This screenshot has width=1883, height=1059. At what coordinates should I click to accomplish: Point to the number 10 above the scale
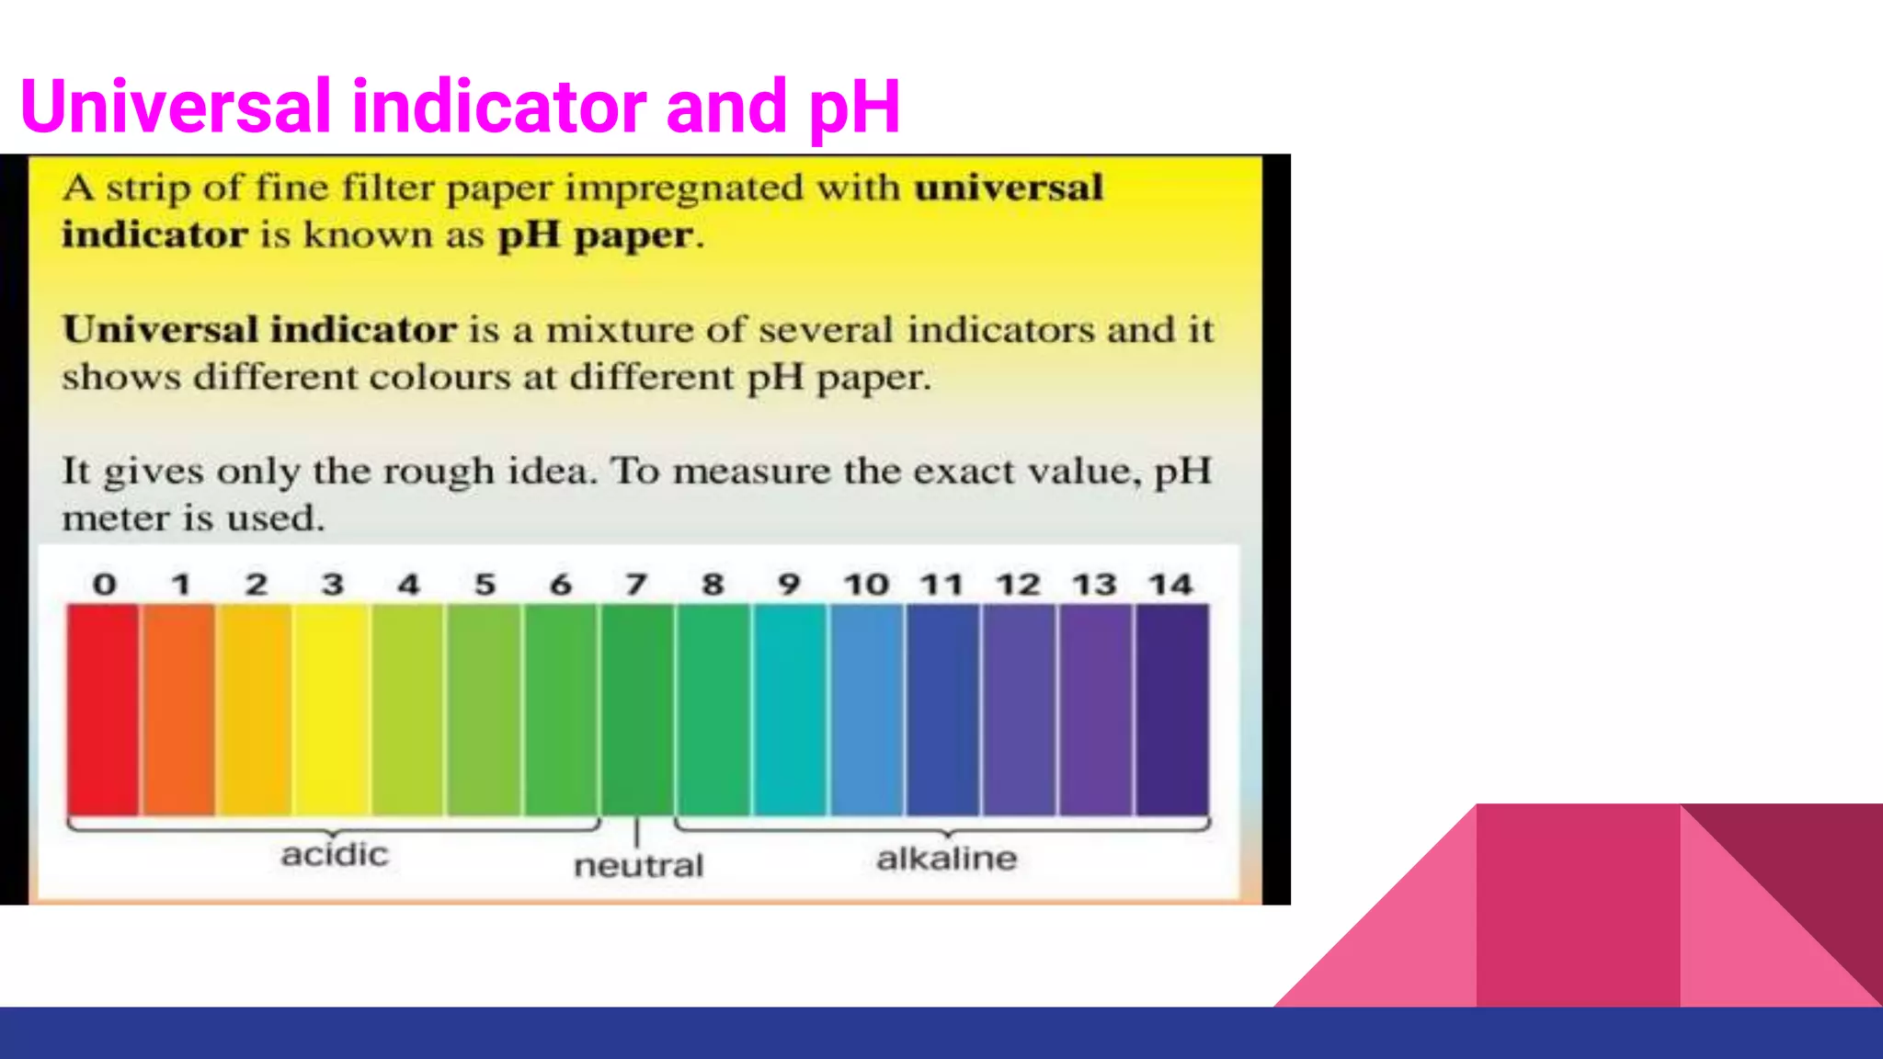tap(866, 585)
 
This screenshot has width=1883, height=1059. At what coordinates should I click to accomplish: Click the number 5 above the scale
tap(485, 585)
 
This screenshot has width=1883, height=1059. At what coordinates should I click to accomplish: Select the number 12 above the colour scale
tap(1018, 585)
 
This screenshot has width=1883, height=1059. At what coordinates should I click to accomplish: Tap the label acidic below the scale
tap(335, 855)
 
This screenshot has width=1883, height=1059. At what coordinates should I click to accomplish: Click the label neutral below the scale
tap(638, 866)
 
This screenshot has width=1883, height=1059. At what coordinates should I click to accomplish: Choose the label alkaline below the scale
tap(947, 859)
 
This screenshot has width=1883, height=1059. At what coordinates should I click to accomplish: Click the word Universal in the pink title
tap(175, 107)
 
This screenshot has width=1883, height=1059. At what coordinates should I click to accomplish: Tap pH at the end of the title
tap(855, 108)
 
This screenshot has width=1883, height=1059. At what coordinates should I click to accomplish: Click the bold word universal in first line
tap(1008, 188)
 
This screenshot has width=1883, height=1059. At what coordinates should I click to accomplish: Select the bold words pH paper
tap(596, 236)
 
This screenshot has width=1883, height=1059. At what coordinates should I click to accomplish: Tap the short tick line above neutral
tap(636, 832)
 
